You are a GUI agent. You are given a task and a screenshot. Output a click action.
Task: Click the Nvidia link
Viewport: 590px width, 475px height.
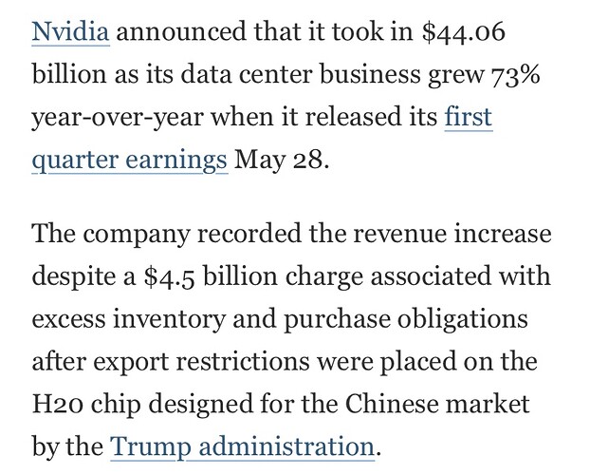click(x=71, y=33)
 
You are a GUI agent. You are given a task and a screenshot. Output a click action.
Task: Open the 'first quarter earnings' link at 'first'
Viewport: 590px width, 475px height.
click(x=469, y=118)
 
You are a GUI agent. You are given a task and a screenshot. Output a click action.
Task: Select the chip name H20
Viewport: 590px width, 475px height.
click(x=53, y=404)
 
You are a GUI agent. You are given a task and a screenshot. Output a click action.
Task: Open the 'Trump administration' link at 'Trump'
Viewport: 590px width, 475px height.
click(x=147, y=446)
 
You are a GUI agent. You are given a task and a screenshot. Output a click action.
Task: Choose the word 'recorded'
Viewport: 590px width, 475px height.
click(x=272, y=233)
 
